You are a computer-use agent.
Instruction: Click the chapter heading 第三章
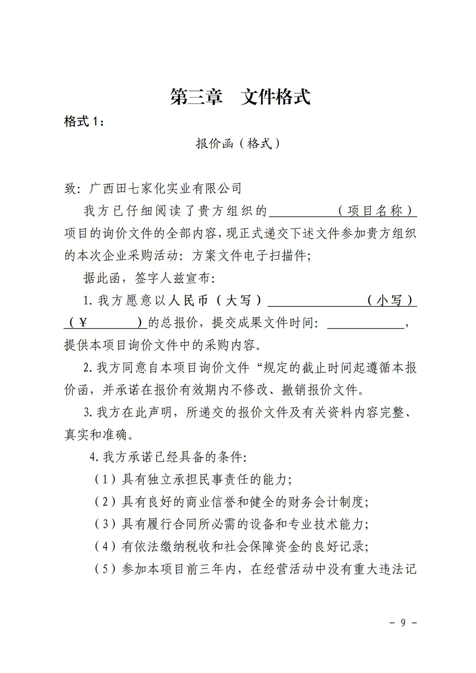click(197, 97)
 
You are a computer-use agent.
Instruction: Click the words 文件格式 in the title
click(276, 97)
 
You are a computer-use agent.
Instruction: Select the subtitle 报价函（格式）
click(238, 143)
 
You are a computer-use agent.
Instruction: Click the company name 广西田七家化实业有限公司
click(166, 188)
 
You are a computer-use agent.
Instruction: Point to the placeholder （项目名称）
click(376, 210)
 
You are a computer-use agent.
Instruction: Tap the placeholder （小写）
click(390, 300)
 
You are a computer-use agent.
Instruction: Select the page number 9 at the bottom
click(403, 623)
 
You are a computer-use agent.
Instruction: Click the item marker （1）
click(106, 480)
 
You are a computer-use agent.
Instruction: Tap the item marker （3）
click(106, 525)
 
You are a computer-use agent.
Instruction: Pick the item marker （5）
click(106, 569)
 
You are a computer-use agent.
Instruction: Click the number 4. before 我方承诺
click(94, 457)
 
